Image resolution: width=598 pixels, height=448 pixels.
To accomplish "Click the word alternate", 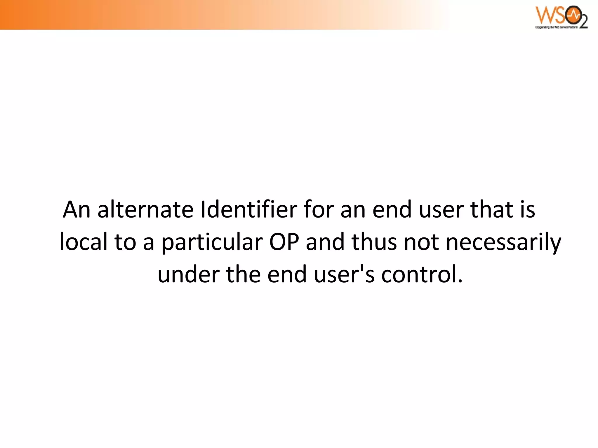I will [145, 209].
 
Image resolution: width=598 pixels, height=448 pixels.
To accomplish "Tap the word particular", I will [212, 242].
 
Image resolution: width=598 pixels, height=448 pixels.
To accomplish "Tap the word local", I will [84, 242].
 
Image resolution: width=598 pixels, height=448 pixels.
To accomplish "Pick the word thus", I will [374, 242].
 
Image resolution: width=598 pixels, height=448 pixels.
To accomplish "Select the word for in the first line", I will [319, 209].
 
